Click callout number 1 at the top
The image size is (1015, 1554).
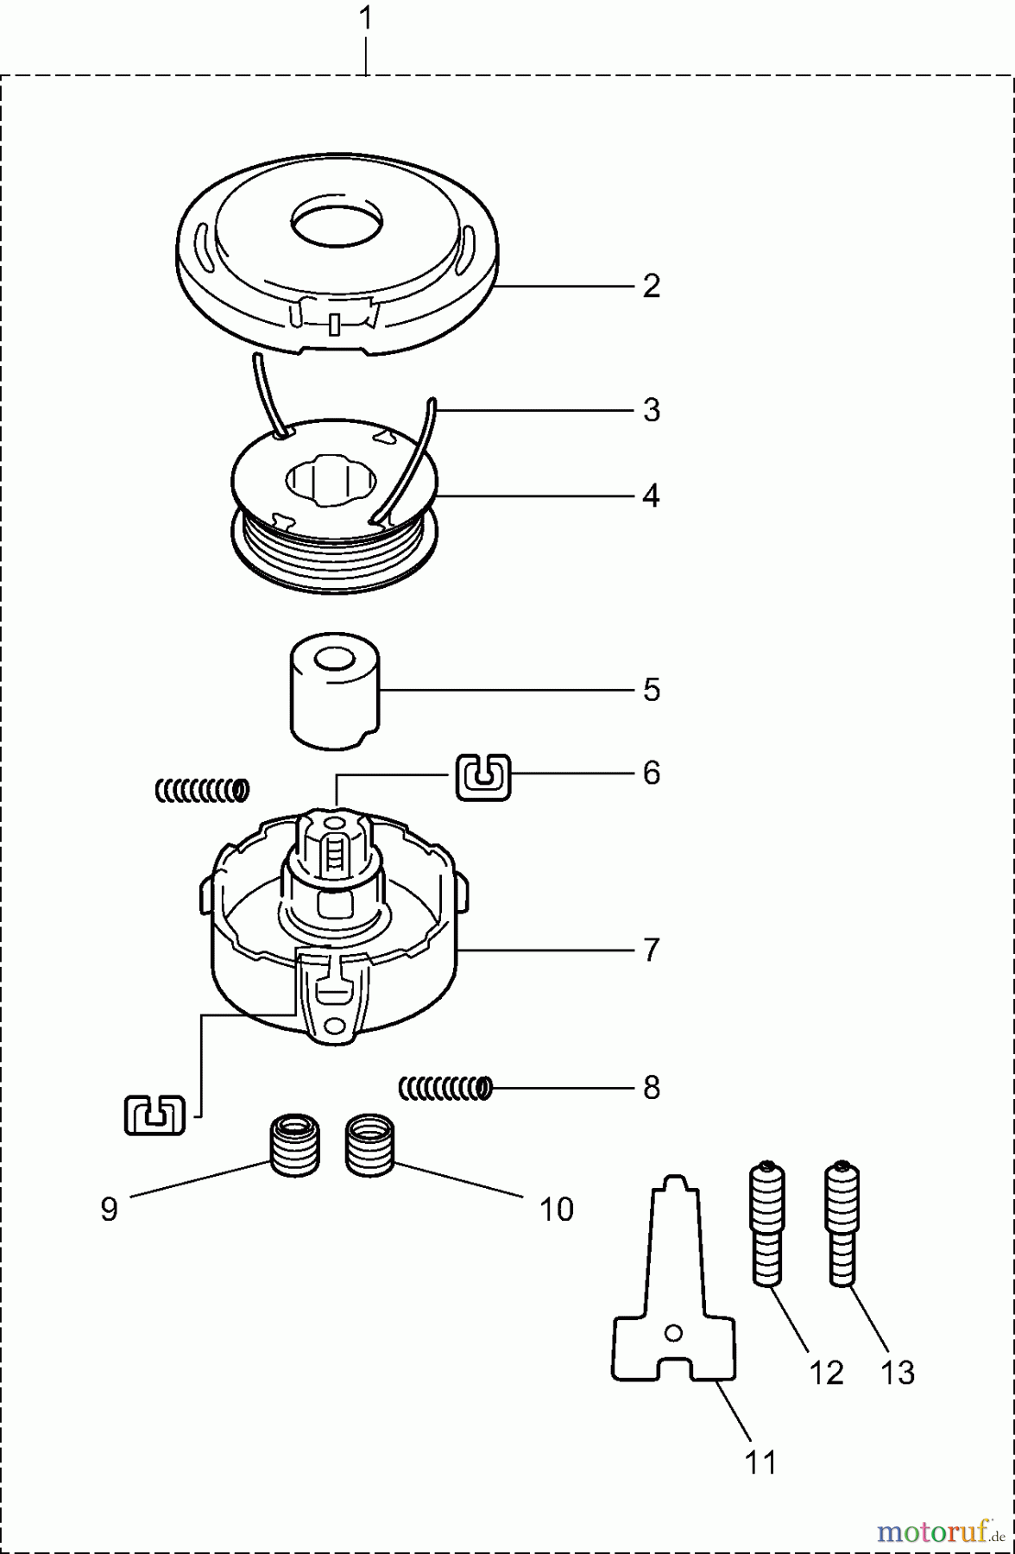[366, 18]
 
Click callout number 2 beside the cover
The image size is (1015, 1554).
[652, 286]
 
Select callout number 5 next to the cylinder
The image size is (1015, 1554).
[652, 690]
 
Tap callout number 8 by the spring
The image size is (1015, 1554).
[652, 1087]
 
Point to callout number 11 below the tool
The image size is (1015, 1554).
[760, 1462]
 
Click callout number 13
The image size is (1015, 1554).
[898, 1373]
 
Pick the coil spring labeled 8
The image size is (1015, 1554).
[445, 1089]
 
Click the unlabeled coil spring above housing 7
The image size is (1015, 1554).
[202, 789]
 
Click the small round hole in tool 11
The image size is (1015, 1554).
[673, 1334]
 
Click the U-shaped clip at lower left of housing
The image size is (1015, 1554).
[154, 1115]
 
